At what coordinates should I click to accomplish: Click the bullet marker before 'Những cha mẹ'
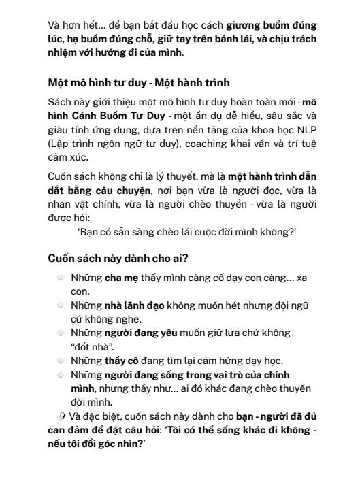click(x=61, y=278)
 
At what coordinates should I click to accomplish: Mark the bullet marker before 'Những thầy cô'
click(x=61, y=361)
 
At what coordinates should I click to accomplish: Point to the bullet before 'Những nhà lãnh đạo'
click(x=61, y=306)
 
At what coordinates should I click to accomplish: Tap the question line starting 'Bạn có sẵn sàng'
click(x=187, y=233)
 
